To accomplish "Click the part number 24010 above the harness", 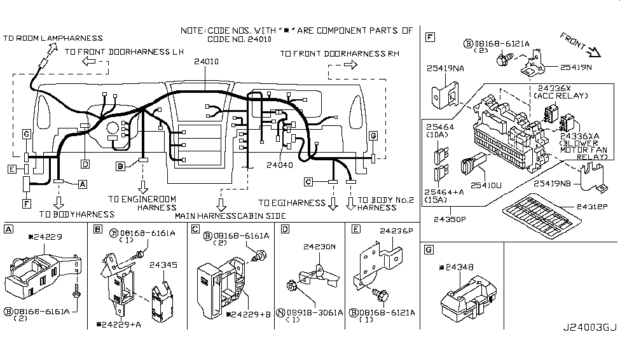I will pos(207,62).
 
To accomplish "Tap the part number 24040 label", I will pos(280,164).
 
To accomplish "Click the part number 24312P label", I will pos(593,207).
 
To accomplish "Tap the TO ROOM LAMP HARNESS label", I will pos(53,39).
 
